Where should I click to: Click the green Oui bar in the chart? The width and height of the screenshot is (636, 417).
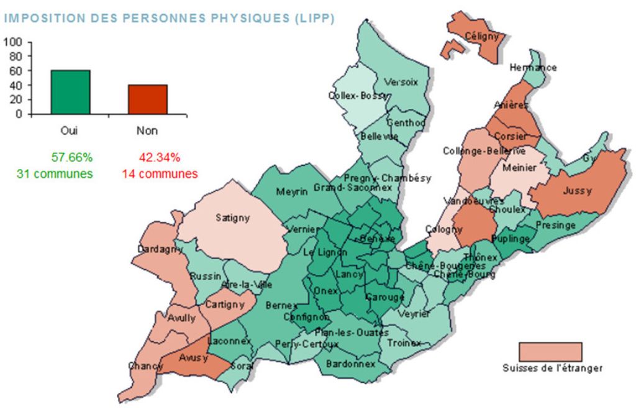70,92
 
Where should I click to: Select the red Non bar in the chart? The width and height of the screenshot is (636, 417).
148,99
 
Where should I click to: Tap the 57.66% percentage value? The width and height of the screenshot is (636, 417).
70,157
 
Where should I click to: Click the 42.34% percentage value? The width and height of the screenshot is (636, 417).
159,157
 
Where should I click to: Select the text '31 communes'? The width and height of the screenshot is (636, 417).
55,174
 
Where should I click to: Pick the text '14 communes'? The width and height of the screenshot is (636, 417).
159,174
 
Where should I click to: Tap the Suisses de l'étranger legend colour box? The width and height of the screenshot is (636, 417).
550,351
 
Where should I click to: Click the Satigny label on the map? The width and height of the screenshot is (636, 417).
232,218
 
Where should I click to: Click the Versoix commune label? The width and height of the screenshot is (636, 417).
401,82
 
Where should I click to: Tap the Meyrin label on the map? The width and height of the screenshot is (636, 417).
292,192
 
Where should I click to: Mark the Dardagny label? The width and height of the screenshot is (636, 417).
160,250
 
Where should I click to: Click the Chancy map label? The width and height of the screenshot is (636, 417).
145,366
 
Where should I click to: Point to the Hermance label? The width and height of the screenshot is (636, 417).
532,67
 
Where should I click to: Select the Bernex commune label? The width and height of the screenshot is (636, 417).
278,306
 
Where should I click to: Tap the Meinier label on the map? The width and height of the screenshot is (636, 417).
519,167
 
